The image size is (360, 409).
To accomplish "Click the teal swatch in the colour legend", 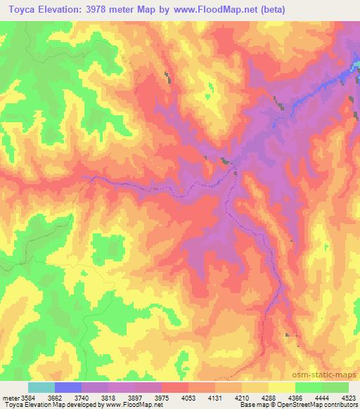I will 41,387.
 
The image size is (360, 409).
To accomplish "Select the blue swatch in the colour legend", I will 67,387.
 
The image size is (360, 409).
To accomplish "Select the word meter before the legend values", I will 10,396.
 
